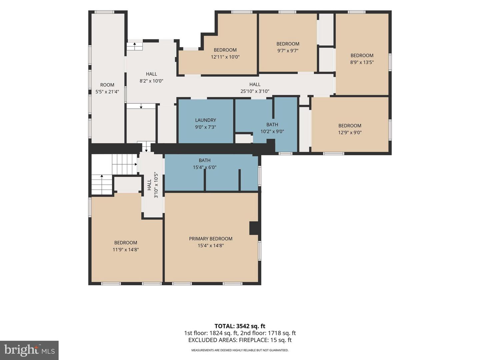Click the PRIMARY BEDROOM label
[211, 239]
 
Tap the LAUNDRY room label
[206, 120]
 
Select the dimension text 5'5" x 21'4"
[107, 92]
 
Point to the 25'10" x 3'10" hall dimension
[255, 91]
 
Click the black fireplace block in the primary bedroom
[254, 228]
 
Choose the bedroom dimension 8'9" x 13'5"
[362, 62]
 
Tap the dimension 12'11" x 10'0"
[225, 57]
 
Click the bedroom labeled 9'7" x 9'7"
[288, 44]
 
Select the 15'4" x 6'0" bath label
[205, 167]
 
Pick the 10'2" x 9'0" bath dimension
[272, 132]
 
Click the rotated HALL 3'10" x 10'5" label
[153, 186]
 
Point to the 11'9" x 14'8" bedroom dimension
[126, 250]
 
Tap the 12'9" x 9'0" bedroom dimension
[350, 132]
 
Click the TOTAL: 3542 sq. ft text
[240, 326]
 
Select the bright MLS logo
[29, 350]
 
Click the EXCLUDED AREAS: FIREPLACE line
[240, 340]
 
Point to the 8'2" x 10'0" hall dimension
[151, 81]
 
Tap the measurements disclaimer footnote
[240, 350]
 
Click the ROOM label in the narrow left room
[107, 85]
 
